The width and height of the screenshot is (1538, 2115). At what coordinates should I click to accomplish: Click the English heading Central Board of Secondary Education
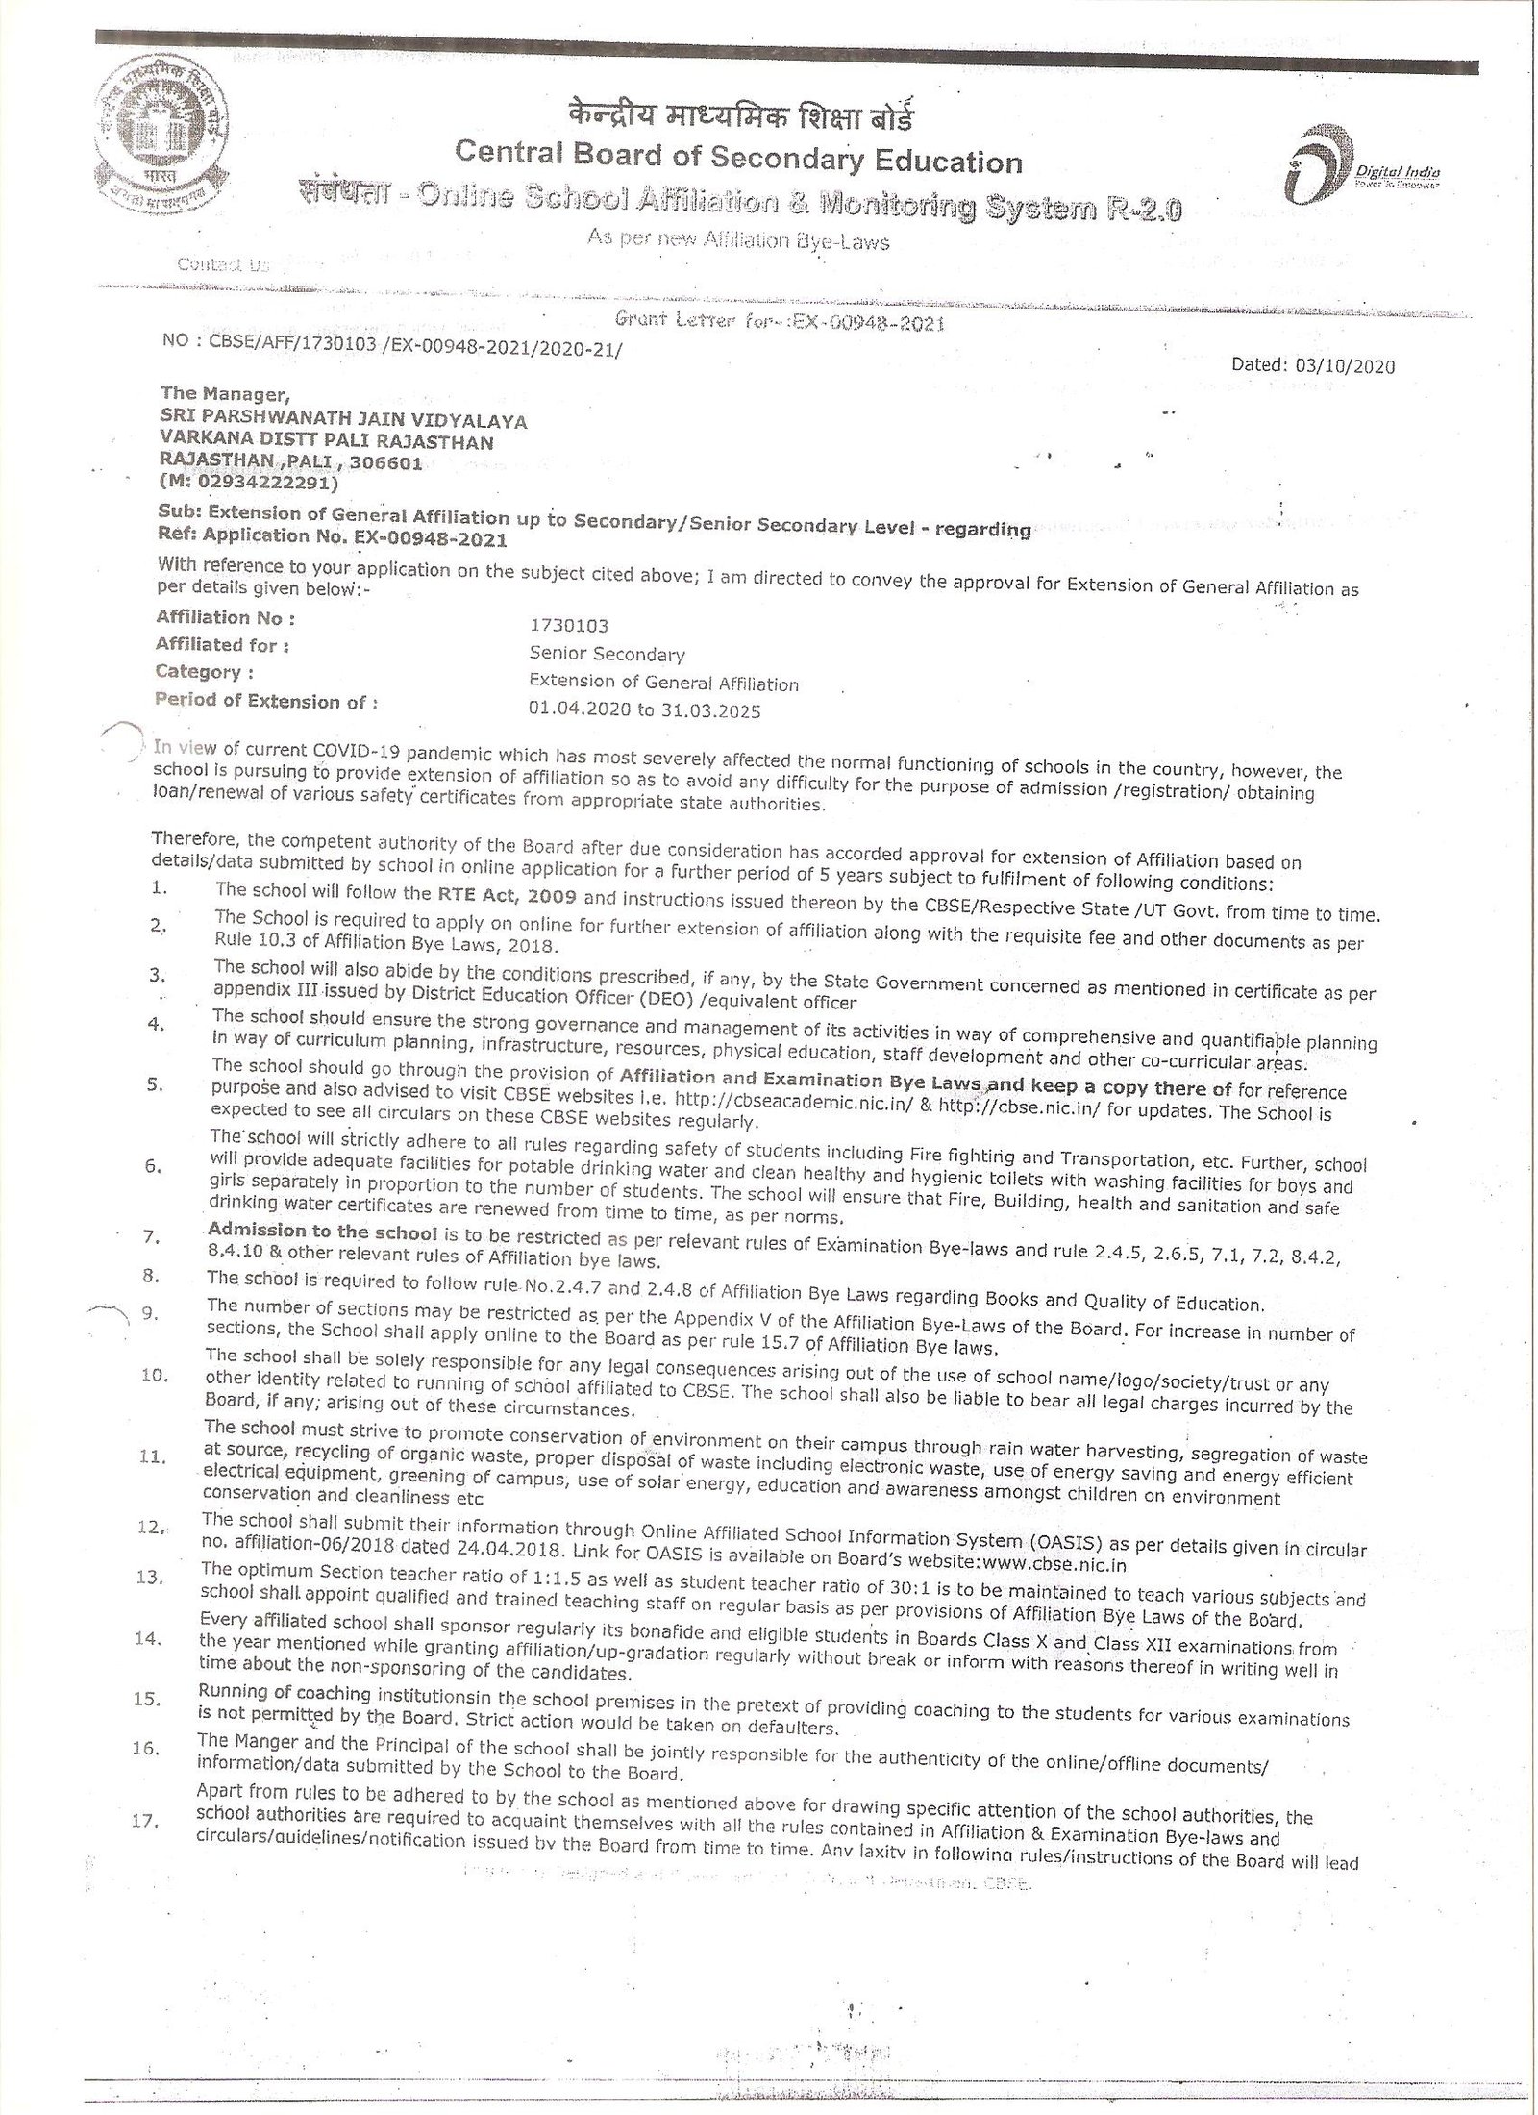[x=738, y=159]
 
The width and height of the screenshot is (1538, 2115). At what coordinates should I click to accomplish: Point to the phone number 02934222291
[x=251, y=482]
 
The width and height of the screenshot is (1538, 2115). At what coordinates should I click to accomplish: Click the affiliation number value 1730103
[x=568, y=626]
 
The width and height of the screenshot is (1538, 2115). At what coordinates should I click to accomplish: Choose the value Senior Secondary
[x=607, y=655]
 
